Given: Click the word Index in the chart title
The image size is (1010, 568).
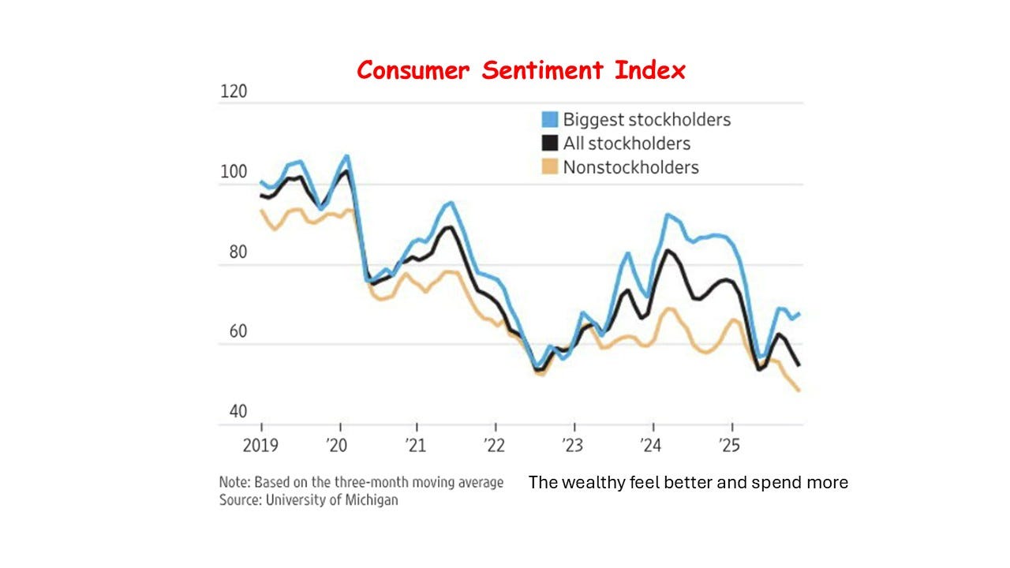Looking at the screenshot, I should pyautogui.click(x=651, y=70).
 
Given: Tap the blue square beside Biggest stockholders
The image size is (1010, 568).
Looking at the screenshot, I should pyautogui.click(x=549, y=120).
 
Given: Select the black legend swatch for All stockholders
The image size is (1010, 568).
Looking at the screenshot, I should pyautogui.click(x=549, y=144).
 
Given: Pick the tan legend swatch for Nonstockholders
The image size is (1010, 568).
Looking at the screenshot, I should pyautogui.click(x=549, y=167).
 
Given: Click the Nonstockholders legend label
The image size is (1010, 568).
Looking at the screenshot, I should pyautogui.click(x=630, y=167).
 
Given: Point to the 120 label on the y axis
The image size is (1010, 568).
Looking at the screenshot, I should pyautogui.click(x=233, y=92).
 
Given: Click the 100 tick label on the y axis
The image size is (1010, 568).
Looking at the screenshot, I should pyautogui.click(x=233, y=171).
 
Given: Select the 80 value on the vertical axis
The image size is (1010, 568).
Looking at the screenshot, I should pyautogui.click(x=237, y=253).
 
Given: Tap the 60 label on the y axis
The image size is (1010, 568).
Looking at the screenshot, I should pyautogui.click(x=237, y=332).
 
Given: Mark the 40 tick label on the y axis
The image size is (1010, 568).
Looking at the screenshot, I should pyautogui.click(x=237, y=412).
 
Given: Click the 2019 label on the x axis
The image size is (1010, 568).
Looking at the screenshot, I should pyautogui.click(x=260, y=445).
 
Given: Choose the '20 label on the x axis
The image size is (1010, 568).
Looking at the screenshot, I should pyautogui.click(x=337, y=445).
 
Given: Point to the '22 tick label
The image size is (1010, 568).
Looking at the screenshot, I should pyautogui.click(x=493, y=445).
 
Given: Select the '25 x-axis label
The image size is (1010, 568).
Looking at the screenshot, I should pyautogui.click(x=729, y=445).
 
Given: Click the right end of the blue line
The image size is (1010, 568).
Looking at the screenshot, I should pyautogui.click(x=800, y=314).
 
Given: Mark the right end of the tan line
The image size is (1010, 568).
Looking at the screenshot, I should pyautogui.click(x=800, y=390).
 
